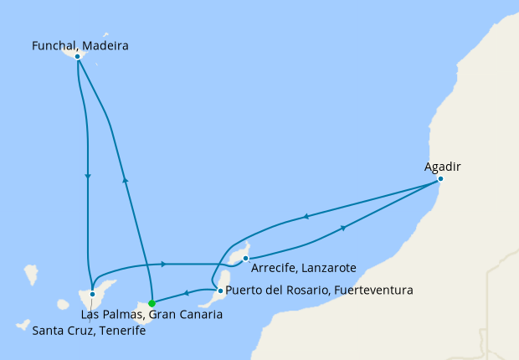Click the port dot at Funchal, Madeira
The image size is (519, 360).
click(77, 56)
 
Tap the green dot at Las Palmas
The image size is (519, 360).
click(152, 304)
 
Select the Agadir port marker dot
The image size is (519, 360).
click(440, 179)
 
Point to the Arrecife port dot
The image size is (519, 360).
click(245, 259)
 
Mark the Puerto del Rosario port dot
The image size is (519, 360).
click(220, 291)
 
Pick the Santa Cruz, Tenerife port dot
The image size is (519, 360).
click(92, 295)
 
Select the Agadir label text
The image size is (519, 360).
click(443, 167)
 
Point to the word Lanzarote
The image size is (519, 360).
click(330, 268)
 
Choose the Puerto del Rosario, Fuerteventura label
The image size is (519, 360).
click(320, 291)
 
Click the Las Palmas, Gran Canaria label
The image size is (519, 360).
click(152, 315)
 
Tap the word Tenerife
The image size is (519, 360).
click(121, 331)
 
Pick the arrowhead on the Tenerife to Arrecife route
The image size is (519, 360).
click(162, 265)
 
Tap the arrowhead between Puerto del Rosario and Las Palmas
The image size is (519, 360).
click(183, 294)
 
